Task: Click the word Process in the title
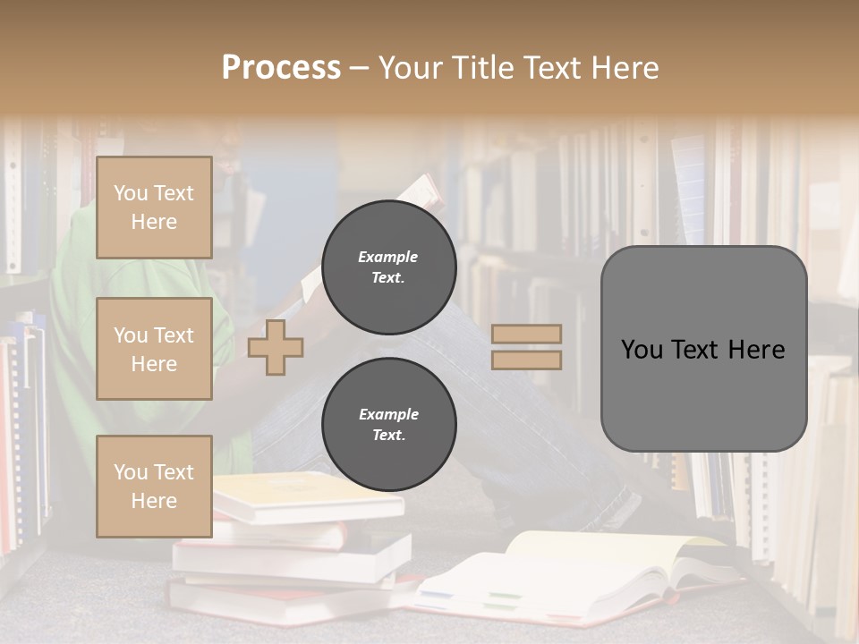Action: click(x=281, y=68)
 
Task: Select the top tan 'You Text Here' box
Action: click(x=154, y=208)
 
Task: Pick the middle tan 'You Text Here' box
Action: click(x=154, y=349)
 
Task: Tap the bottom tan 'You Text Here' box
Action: click(x=154, y=486)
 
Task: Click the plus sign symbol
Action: click(x=275, y=347)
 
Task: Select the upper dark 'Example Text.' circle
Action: click(x=388, y=267)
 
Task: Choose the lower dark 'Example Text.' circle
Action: click(x=388, y=425)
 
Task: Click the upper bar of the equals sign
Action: click(x=526, y=334)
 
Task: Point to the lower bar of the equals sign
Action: click(x=526, y=360)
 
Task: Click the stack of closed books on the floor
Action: click(x=286, y=546)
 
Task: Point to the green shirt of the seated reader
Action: click(x=81, y=295)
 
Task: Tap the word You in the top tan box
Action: click(x=131, y=193)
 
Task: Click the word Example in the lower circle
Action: click(x=388, y=414)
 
